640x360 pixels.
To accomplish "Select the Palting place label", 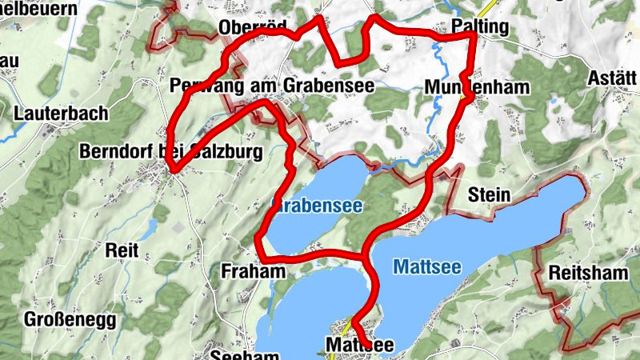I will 479,26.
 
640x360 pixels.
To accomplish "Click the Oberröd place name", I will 252,29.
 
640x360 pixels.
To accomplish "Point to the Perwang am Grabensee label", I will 272,85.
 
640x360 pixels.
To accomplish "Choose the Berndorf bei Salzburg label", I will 170,150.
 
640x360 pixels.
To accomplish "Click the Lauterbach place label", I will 60,114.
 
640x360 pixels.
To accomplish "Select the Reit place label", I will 122,250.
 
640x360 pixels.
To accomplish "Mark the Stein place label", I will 489,194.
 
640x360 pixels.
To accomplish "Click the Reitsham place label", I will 588,274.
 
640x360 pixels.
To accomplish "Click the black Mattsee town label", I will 360,344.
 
